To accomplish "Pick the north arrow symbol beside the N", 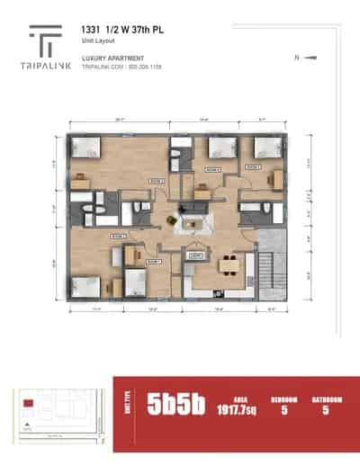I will pos(311,58).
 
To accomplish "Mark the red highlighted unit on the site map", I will pos(29,402).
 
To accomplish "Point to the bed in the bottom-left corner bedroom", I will pos(85,288).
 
